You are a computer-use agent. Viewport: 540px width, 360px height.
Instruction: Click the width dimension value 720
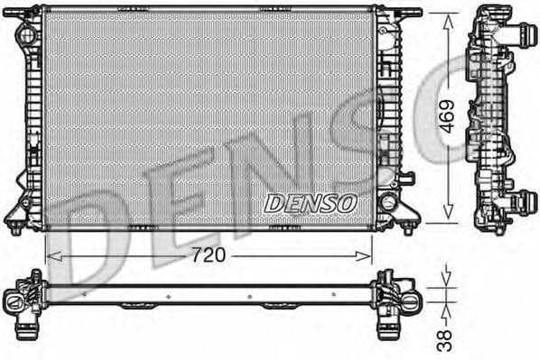point(208,255)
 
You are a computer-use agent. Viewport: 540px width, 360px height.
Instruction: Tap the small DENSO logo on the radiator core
point(310,204)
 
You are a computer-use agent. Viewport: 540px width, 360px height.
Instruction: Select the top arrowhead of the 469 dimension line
point(445,19)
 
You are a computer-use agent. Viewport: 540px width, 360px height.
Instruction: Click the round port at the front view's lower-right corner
point(389,200)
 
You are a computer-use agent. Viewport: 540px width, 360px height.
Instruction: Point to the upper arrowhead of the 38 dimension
point(442,287)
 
